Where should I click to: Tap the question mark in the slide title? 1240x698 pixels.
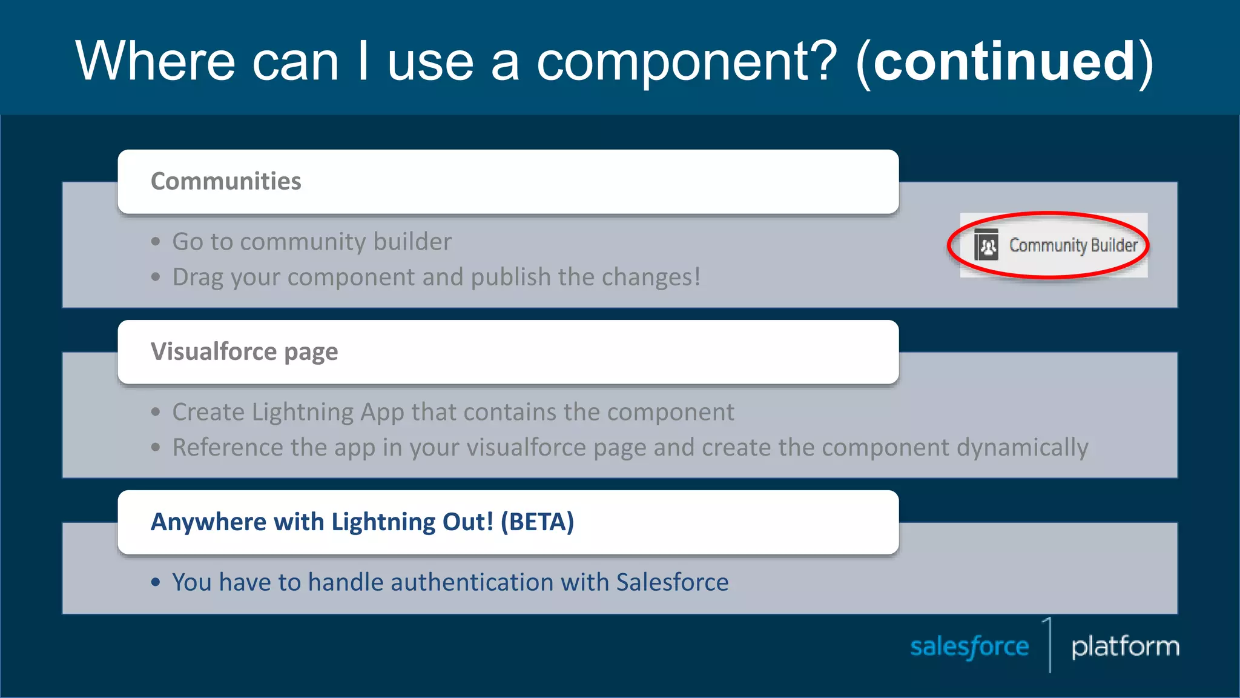coord(821,61)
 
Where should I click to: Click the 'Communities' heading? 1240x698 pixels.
coord(226,181)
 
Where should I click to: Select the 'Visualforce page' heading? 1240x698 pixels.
coord(244,352)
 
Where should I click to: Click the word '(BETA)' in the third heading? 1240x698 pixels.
coord(537,522)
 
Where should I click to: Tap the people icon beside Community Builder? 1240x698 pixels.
coord(986,245)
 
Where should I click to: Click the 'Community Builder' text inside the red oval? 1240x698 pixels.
coord(1073,245)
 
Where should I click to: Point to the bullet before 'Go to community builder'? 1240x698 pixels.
coord(156,242)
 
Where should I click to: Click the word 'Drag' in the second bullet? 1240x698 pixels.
coord(198,278)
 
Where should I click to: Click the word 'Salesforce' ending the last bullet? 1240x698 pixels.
coord(672,582)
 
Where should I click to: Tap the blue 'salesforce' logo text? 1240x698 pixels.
coord(969,647)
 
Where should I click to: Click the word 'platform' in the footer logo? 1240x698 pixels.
coord(1125,647)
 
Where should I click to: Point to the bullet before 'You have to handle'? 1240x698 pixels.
coord(156,583)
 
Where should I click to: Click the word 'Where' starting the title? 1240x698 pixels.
coord(155,61)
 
